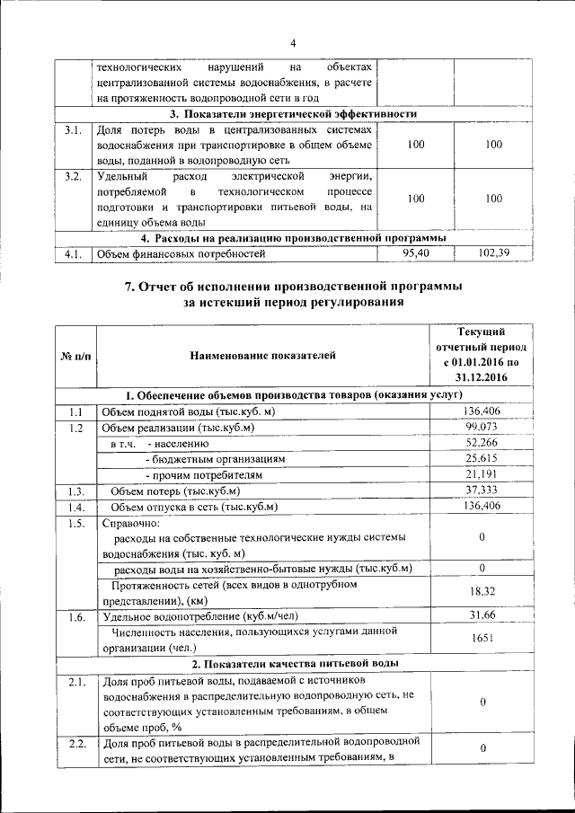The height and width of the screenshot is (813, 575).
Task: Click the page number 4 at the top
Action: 293,44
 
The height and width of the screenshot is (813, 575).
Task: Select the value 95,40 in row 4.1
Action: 410,254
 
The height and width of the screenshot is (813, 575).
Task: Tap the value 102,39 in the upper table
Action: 493,254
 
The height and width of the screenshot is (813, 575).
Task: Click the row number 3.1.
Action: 74,131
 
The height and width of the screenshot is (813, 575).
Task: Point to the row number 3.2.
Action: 74,175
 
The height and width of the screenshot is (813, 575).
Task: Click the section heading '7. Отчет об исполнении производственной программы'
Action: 294,287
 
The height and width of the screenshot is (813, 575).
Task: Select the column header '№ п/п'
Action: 75,357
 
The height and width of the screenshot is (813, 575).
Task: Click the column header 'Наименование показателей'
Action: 263,356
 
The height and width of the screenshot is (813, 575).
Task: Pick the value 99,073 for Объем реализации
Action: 482,427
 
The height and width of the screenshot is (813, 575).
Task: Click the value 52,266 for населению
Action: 482,443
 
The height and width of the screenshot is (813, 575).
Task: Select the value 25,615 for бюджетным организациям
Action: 482,458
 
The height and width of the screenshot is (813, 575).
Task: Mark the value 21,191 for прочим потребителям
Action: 482,474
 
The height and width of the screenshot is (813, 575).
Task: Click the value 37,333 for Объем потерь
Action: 482,490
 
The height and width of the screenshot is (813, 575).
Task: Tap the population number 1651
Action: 482,639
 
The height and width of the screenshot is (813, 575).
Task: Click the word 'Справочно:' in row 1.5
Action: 131,523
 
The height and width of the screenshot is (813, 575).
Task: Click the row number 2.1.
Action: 75,683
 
